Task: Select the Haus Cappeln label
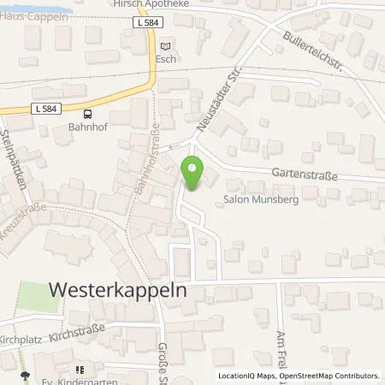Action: [26, 15]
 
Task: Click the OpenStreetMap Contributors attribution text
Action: [330, 376]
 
